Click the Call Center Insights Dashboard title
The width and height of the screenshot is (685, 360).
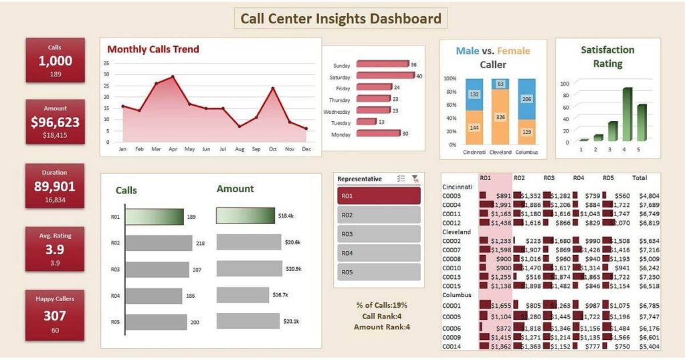[340, 18]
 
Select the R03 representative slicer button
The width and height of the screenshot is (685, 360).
[379, 234]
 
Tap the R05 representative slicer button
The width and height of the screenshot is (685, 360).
[379, 272]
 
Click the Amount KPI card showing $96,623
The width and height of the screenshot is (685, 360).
[55, 122]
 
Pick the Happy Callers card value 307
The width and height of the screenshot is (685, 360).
[55, 316]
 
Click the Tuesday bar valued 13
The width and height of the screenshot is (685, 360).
[366, 122]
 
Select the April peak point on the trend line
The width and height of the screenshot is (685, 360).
[173, 77]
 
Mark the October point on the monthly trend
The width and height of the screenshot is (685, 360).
[273, 88]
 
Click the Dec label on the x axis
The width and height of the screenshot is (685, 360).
[306, 149]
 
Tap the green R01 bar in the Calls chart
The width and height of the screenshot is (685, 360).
[155, 217]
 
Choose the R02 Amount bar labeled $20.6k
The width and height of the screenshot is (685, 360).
[248, 242]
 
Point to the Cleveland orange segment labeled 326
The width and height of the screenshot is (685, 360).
[500, 116]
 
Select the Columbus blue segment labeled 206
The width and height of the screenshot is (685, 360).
[526, 99]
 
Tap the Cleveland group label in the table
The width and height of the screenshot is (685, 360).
[458, 232]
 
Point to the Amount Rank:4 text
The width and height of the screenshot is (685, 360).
[382, 327]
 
